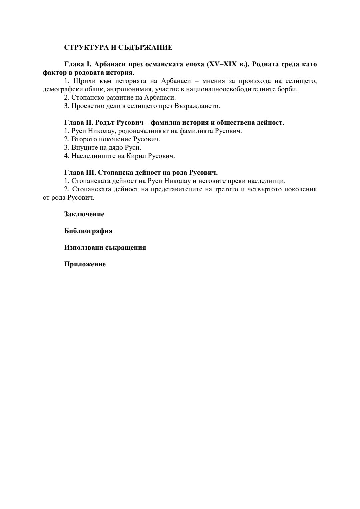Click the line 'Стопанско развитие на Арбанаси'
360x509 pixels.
click(120, 98)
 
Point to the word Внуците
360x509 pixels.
click(83, 148)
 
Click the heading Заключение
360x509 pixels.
click(84, 214)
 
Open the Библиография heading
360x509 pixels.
click(88, 231)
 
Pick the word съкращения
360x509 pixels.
click(126, 248)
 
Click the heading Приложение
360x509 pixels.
click(85, 264)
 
